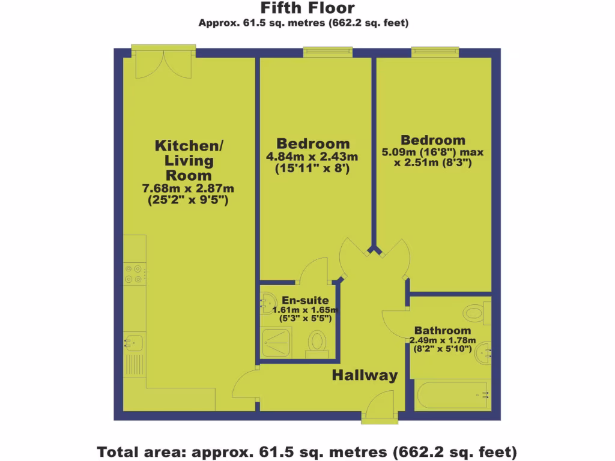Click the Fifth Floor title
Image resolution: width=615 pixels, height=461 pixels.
[307, 8]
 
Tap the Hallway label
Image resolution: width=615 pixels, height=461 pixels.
[365, 376]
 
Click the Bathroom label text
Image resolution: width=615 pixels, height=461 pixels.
[443, 331]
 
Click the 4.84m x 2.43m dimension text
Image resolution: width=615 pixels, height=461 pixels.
[312, 157]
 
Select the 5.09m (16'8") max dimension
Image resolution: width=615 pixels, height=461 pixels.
[433, 152]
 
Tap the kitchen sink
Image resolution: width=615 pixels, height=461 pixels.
[133, 344]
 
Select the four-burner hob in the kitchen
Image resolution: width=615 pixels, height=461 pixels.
[133, 274]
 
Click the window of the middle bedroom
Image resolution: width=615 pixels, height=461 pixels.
[327, 53]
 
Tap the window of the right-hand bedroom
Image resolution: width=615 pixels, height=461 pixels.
[435, 53]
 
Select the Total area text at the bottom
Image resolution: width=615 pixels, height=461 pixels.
[307, 450]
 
